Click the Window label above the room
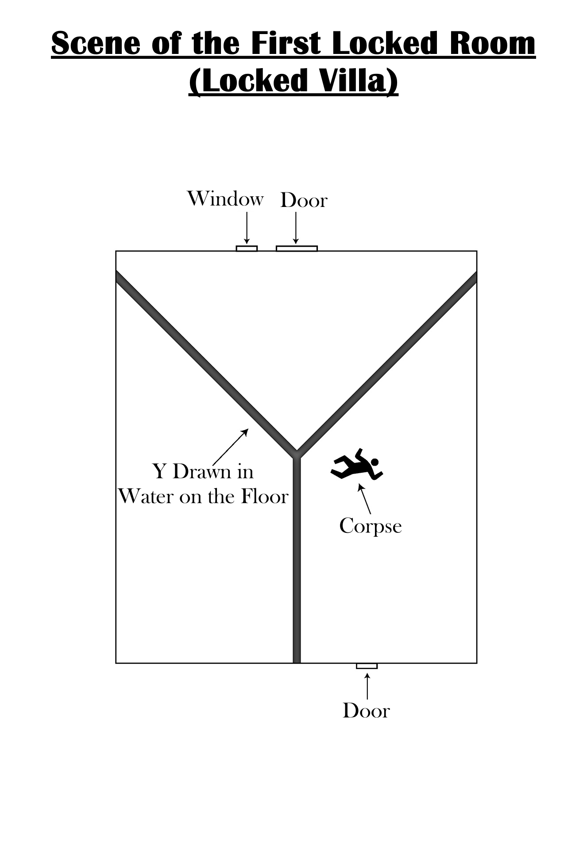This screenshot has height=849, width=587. (225, 199)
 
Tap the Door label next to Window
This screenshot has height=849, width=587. (304, 201)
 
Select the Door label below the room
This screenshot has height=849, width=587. (366, 711)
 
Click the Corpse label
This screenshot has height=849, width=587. (371, 526)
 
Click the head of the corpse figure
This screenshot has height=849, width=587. (375, 462)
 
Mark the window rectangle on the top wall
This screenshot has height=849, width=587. (247, 249)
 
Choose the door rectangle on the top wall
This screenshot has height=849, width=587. (297, 249)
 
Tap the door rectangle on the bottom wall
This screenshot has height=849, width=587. (367, 666)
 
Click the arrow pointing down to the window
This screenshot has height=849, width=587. (247, 227)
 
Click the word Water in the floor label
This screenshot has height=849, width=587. (146, 497)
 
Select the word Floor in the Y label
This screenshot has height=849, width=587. (265, 497)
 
